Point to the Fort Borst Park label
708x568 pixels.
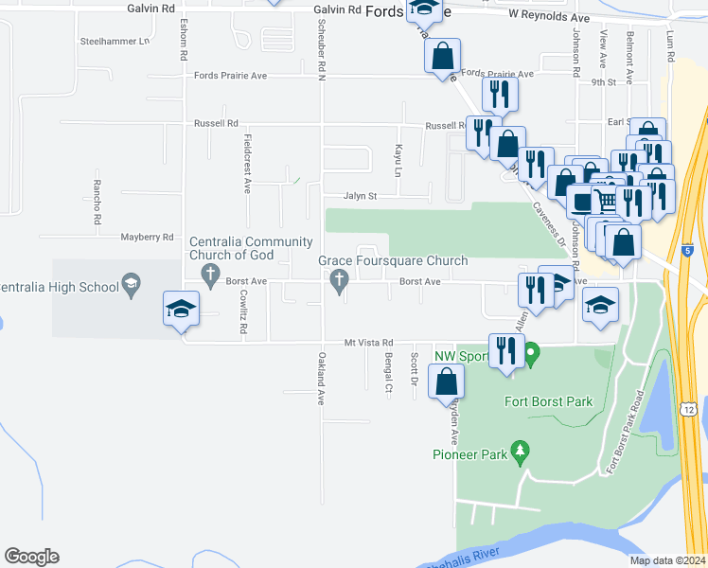[x=549, y=401]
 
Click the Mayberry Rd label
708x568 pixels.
[x=147, y=237]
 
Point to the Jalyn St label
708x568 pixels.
[x=360, y=196]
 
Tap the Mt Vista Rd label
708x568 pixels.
[x=367, y=343]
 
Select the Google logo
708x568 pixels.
[x=31, y=557]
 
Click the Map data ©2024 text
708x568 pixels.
[x=666, y=560]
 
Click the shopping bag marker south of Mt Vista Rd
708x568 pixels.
[x=446, y=383]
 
